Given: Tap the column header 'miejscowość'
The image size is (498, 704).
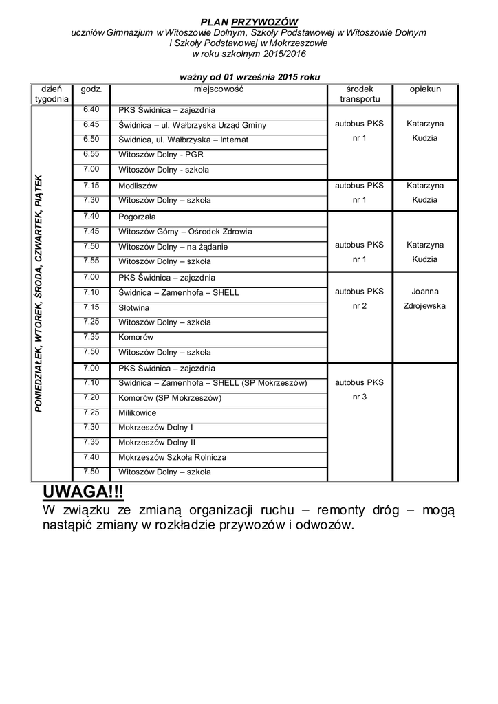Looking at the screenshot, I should (218, 89).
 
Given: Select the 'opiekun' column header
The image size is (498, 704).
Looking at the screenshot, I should (425, 89).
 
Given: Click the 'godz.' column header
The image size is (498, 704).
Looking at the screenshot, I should (91, 89).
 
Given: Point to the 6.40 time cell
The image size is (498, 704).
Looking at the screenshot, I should (91, 109).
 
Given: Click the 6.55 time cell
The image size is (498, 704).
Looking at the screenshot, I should (91, 154).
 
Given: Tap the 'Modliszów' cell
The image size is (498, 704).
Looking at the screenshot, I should (138, 186).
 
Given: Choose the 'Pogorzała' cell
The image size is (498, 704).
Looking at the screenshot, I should (138, 217).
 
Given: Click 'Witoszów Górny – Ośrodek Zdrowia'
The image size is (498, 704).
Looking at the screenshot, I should (185, 232).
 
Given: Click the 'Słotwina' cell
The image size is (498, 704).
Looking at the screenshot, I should (133, 307).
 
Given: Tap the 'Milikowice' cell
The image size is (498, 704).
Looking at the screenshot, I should (138, 413).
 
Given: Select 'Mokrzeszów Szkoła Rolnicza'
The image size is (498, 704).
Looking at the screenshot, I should (172, 457).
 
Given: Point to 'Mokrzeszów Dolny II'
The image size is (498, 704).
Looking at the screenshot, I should (157, 443).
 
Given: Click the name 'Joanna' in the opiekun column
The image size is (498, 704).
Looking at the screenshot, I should (425, 291).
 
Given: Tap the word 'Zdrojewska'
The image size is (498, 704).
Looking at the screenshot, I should (425, 306).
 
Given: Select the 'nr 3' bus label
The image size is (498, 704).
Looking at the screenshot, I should (360, 397).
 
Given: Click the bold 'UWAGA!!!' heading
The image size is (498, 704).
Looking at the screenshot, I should (83, 492).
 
